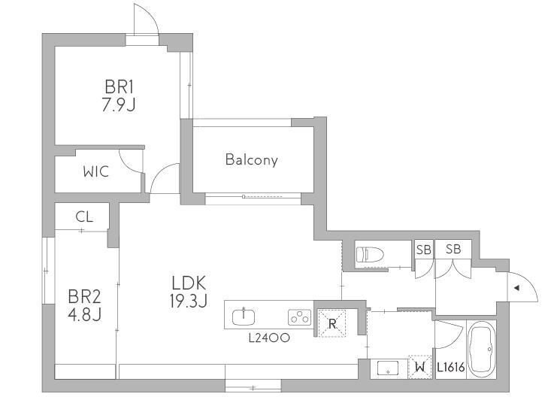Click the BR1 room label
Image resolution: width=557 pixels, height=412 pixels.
point(119,86)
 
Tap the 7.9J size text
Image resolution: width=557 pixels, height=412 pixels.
point(119,105)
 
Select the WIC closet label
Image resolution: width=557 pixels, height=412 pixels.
point(96,171)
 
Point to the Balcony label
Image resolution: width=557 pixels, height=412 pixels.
point(252,159)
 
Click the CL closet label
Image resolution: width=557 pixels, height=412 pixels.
point(84,217)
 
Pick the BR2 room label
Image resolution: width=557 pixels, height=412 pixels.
point(84,296)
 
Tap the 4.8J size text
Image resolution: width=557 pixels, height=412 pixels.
point(84,314)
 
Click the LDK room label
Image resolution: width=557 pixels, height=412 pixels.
point(189,283)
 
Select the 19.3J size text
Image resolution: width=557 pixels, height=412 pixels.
point(189,301)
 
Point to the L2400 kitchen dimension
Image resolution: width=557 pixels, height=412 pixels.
point(269,338)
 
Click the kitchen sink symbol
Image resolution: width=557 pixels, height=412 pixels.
point(244,317)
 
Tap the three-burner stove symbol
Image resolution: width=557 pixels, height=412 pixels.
point(299,317)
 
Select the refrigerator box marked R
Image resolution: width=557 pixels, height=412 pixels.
point(332,323)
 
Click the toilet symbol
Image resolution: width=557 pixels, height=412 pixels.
point(370,255)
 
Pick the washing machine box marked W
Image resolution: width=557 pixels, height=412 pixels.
point(420,367)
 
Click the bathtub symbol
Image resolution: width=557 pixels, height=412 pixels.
point(482,349)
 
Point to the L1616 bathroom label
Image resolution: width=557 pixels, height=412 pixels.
point(451,367)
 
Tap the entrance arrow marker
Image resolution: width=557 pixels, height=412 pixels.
point(517,288)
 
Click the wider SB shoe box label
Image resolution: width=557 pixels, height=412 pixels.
point(453,250)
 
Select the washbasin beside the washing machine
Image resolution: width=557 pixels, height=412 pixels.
point(389,368)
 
